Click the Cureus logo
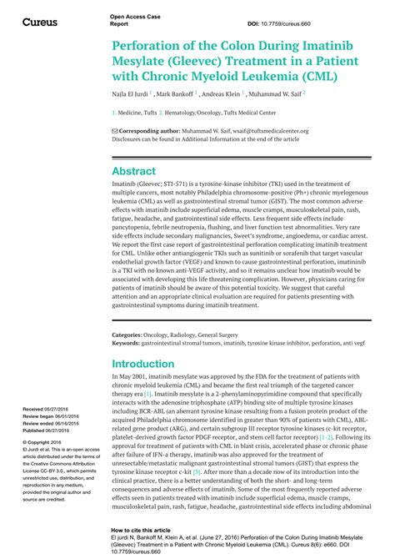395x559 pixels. point(39,21)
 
